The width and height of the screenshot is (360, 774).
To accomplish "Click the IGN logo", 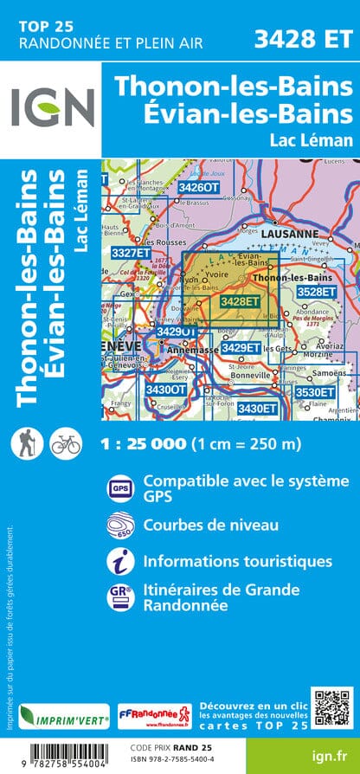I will [x=52, y=108].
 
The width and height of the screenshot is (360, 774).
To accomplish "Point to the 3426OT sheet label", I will [x=198, y=186].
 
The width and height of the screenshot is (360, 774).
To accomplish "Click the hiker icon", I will [x=24, y=442].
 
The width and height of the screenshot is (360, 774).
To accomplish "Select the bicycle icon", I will [x=65, y=442].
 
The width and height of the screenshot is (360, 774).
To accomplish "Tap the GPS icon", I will [x=119, y=488].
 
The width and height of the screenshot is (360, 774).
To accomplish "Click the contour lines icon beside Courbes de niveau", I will [x=119, y=525].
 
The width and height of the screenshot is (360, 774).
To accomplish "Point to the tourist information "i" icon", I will [x=119, y=561].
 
